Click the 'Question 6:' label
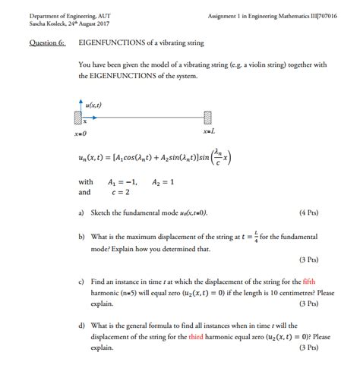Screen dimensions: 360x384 [x=48, y=43]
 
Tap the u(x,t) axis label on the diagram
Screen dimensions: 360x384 [x=94, y=105]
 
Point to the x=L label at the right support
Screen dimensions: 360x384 [x=210, y=131]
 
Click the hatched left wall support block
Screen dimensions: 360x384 [x=77, y=118]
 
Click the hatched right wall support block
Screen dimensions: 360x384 [x=207, y=118]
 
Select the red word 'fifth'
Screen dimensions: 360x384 [x=310, y=280]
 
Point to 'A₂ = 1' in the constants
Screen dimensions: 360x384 [x=163, y=182]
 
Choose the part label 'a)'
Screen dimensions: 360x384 [x=81, y=213]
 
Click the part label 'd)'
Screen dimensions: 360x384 [x=81, y=325]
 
